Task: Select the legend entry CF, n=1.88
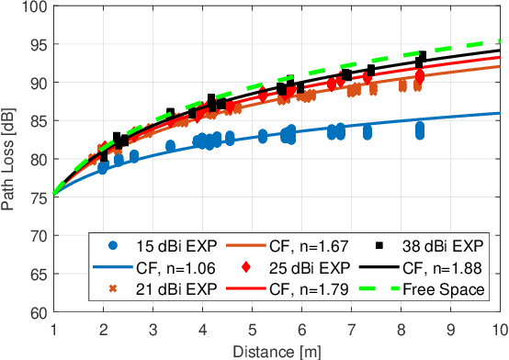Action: [433, 268]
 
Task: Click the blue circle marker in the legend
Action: [111, 246]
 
